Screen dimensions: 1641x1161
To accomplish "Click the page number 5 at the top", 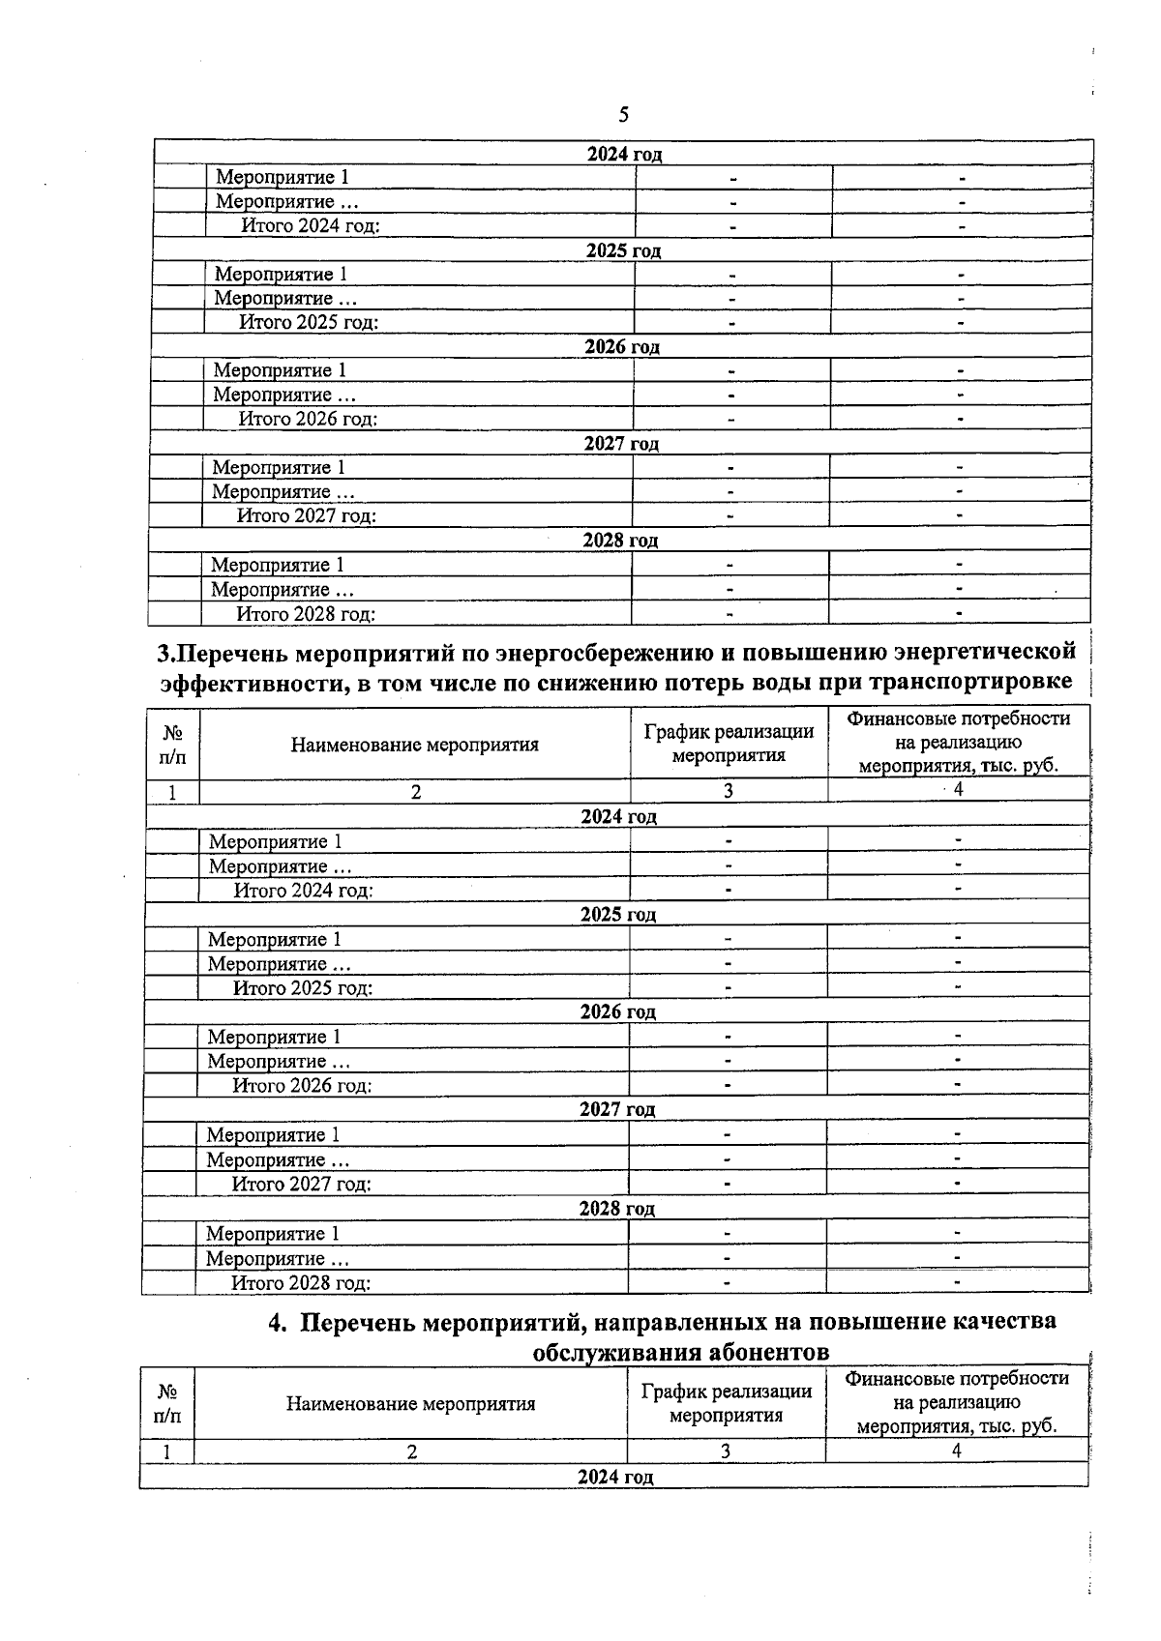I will tap(623, 116).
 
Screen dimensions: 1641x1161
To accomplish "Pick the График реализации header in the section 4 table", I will tap(726, 1403).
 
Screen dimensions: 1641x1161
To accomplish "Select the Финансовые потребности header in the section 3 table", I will tap(958, 743).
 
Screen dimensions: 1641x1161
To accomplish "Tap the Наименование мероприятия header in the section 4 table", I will tap(411, 1404).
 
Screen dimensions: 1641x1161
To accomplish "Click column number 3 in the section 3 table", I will tap(728, 791).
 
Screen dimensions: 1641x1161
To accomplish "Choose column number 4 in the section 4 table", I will tap(956, 1451).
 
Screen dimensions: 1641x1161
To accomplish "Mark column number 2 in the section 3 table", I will tap(415, 792).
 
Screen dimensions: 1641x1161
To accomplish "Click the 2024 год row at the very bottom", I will tap(615, 1477).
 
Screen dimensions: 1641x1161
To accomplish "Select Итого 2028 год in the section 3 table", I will tap(301, 1283).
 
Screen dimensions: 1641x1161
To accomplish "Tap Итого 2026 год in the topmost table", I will tap(308, 419).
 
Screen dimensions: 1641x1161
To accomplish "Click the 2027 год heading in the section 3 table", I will tap(617, 1109).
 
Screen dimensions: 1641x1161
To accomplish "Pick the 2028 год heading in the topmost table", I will tap(620, 541).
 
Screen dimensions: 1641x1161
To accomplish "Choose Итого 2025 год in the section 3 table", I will tap(303, 987).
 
